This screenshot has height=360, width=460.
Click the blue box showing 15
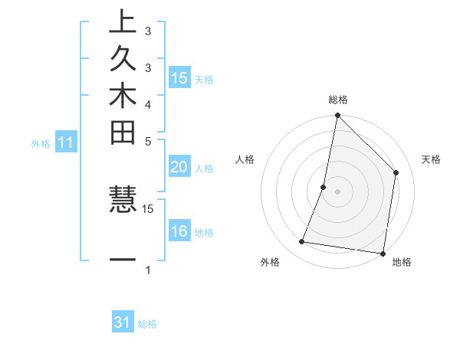179,77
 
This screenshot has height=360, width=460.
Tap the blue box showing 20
179,167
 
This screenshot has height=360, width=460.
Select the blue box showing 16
179,231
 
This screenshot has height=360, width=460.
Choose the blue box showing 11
66,142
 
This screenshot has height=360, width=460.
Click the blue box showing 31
123,322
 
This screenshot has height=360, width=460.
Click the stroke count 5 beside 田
147,141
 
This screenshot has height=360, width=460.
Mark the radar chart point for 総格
337,116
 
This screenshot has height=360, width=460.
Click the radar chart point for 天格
396,172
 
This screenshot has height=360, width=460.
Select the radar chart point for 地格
383,253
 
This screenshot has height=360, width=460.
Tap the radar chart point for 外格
302,242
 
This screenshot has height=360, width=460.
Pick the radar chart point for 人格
324,187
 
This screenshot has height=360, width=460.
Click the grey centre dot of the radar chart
337,191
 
